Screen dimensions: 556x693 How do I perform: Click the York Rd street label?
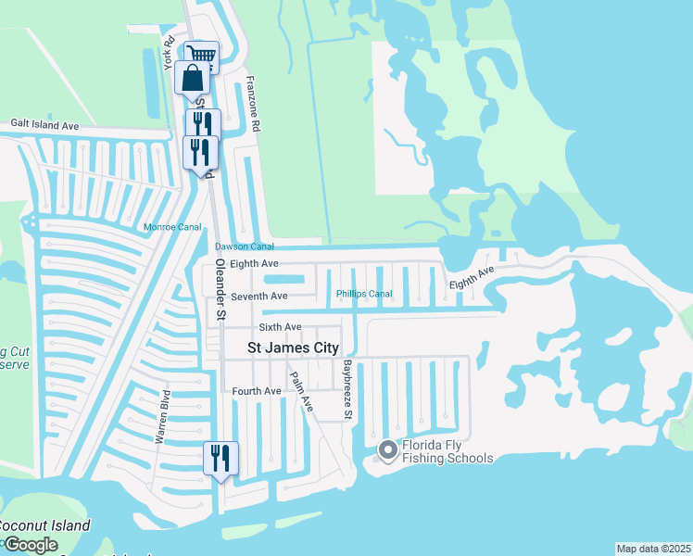point(169,54)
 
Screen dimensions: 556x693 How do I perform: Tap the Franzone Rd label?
point(257,103)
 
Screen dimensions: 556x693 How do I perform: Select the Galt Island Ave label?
point(44,125)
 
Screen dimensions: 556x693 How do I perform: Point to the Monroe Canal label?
point(171,227)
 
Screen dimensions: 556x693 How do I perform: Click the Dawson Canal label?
point(245,246)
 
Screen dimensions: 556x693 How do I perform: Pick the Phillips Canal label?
point(364,294)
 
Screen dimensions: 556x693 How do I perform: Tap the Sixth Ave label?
point(280,327)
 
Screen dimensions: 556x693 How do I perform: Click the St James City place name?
point(293,348)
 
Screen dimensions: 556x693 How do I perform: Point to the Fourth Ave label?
point(257,391)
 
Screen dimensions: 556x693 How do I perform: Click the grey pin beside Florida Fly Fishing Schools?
point(388,450)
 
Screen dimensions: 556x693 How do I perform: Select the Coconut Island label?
point(44,525)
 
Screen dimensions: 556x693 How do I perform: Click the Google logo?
point(31,545)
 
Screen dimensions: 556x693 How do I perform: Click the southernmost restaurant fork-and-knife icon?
point(220,458)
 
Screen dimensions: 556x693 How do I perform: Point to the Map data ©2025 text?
point(653,549)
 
